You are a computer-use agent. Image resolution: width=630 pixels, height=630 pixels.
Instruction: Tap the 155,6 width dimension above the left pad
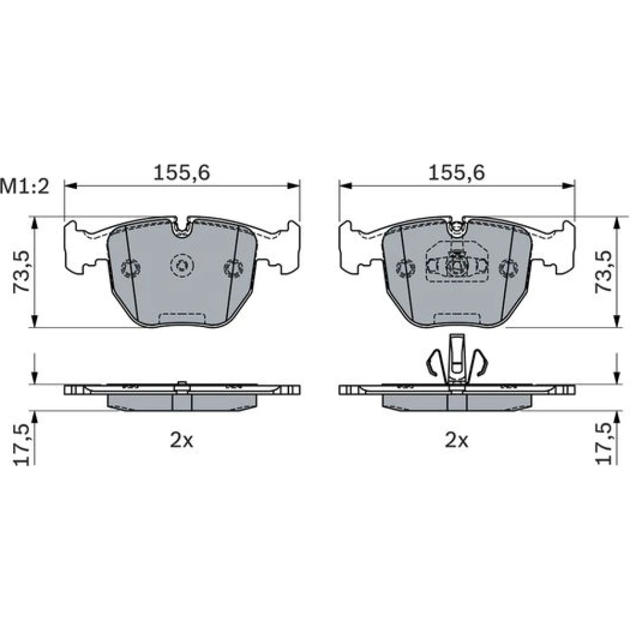tap(181, 173)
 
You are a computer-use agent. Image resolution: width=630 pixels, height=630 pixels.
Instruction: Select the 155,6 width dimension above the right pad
tap(456, 173)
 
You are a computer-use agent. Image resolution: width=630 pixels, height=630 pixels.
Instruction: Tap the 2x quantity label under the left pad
tap(181, 441)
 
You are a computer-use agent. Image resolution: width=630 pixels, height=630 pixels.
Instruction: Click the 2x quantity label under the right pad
tap(456, 441)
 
